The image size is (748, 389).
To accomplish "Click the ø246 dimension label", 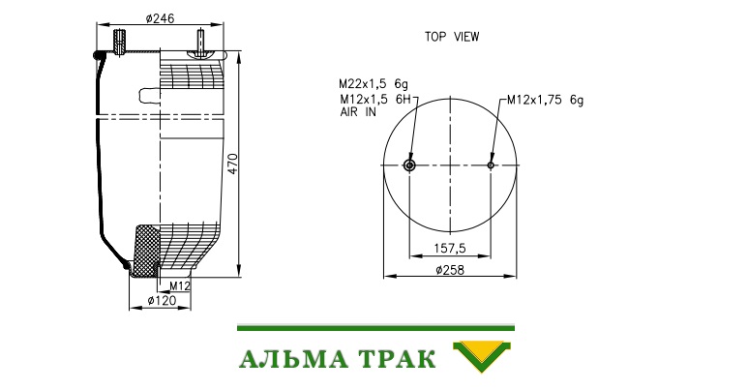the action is click(161, 18).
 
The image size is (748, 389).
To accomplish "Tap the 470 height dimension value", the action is click(232, 164).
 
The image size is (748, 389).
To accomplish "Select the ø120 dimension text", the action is click(162, 300).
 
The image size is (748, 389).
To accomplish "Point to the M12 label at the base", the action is click(180, 285).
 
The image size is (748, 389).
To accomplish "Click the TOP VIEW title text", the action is click(452, 37).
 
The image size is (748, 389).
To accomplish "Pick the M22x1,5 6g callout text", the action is click(374, 84).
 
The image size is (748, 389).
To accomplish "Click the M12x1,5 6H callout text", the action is click(374, 99).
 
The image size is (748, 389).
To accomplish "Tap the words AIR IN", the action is click(358, 112).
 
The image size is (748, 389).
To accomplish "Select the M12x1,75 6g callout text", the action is click(545, 100).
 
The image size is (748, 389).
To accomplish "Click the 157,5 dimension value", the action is click(449, 248).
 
